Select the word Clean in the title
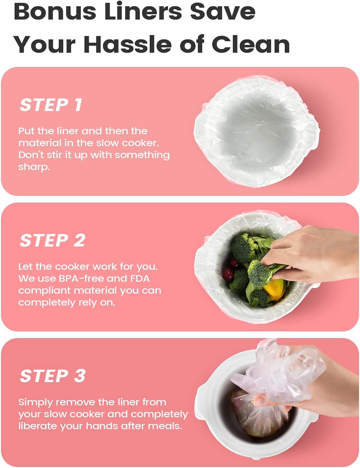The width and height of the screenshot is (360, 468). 251,44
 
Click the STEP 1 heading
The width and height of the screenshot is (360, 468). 51,105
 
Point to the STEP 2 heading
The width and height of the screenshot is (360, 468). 53,240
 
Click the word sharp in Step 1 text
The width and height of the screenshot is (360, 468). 34,167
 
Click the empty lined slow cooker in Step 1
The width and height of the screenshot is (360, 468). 256,131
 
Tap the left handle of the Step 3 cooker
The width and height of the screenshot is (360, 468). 201,396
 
